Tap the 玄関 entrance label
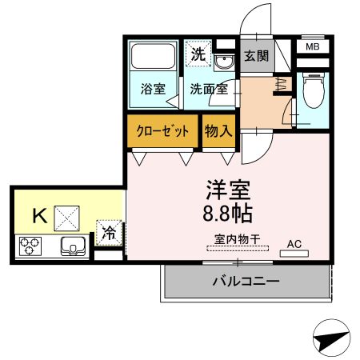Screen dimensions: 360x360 (x=256, y=57)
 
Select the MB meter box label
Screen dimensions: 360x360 (x=313, y=47)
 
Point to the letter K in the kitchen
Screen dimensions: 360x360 (x=38, y=215)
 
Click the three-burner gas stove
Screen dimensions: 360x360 (x=30, y=245)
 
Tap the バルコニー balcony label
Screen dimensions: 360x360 (x=246, y=282)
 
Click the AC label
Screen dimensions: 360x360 (x=294, y=243)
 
